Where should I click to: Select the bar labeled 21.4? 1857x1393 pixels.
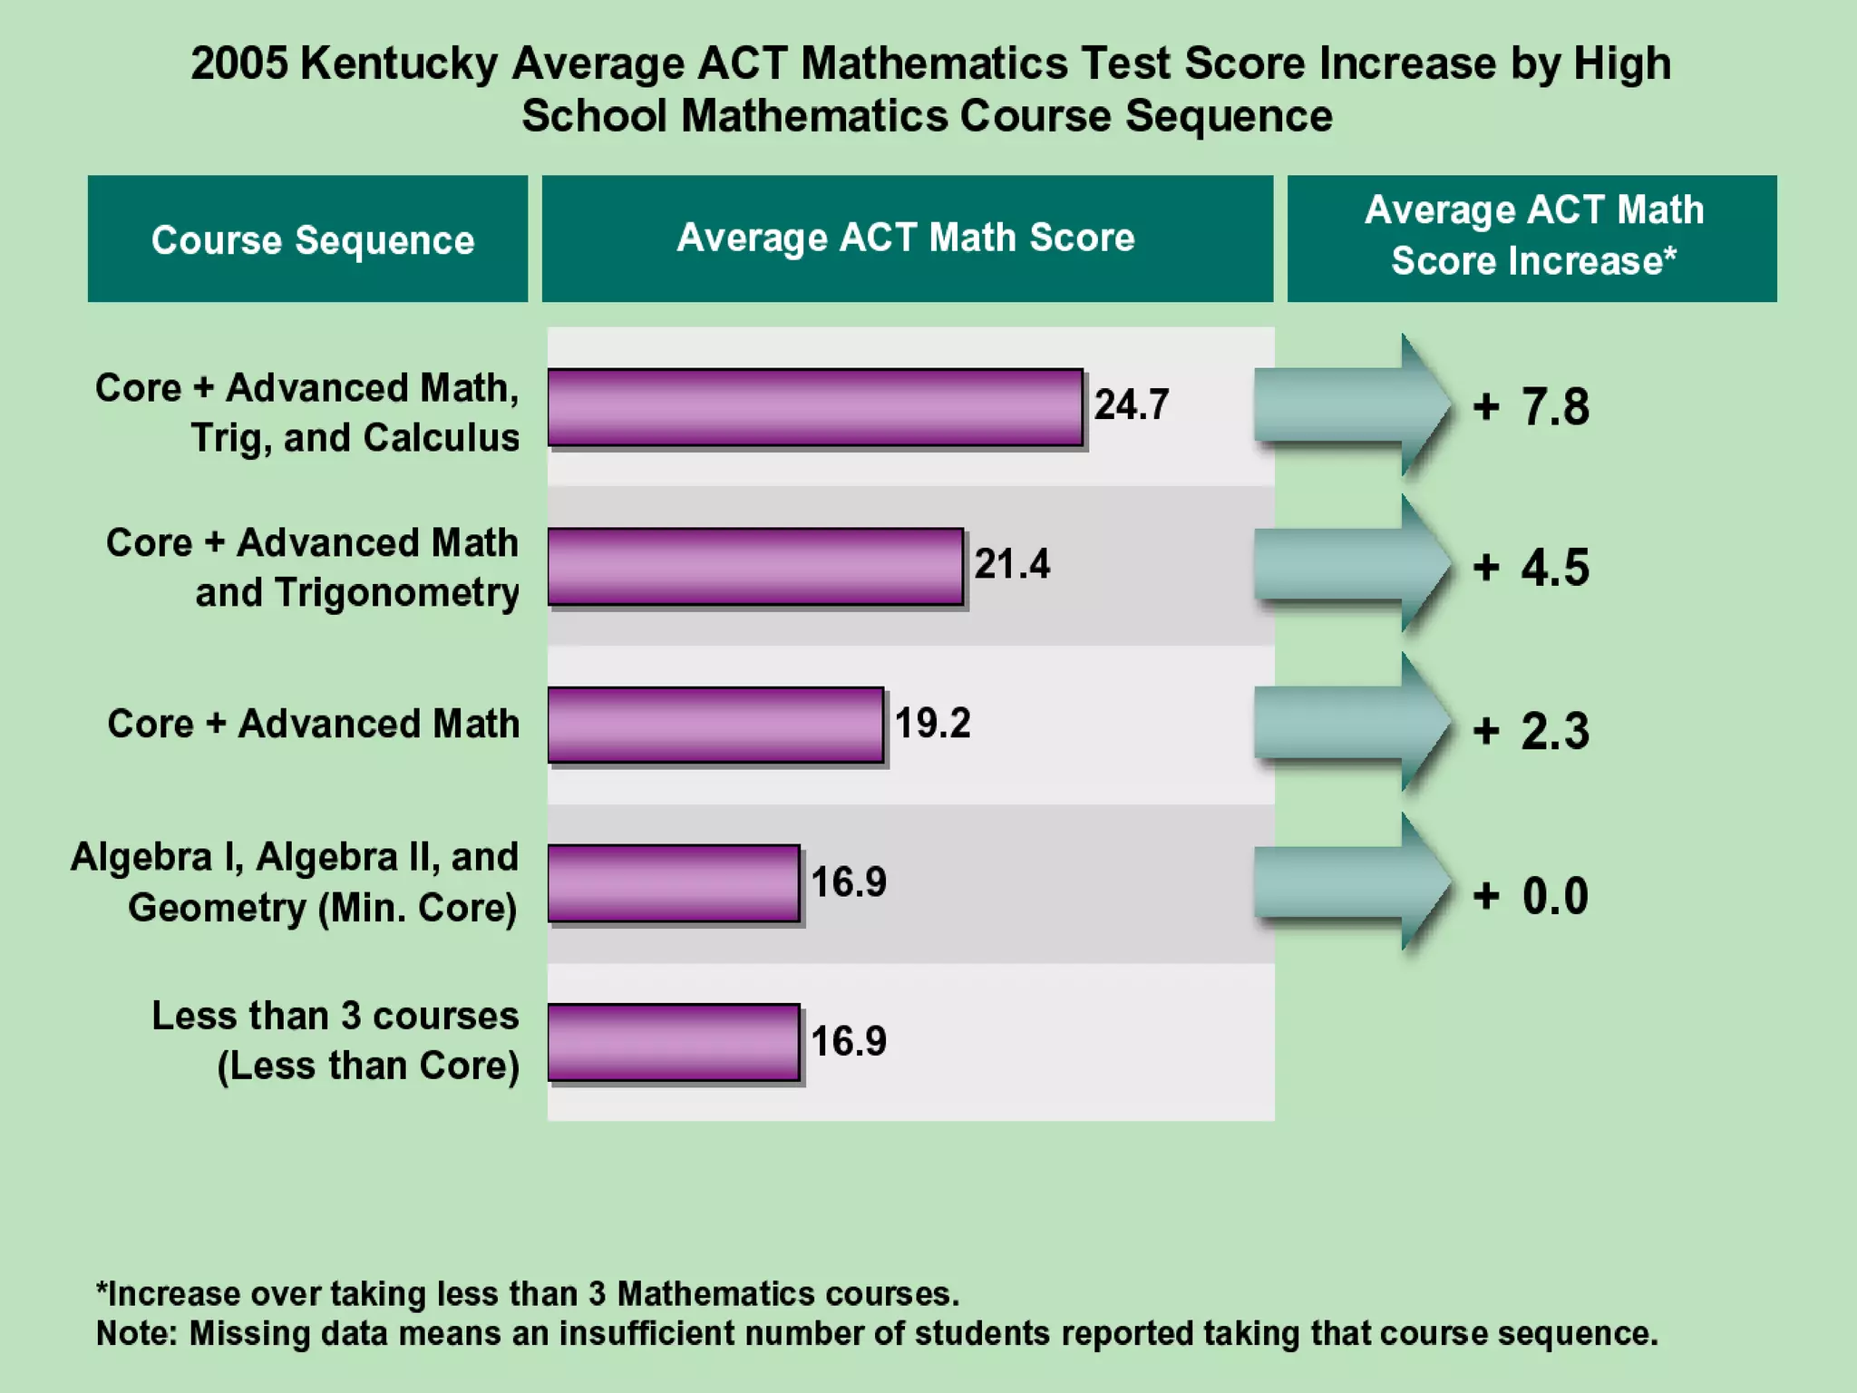tap(754, 567)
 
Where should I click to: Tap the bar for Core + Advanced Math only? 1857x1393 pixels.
tap(715, 725)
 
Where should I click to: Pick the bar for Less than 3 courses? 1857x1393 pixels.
tap(673, 1042)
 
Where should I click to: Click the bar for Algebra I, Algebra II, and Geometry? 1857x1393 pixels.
tap(673, 883)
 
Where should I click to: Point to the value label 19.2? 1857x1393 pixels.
tap(932, 724)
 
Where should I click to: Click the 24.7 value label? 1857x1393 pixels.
tap(1131, 404)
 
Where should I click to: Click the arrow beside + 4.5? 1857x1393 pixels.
tap(1351, 565)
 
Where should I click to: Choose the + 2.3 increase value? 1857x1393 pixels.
tap(1531, 731)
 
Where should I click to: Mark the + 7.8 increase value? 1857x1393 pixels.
tap(1531, 406)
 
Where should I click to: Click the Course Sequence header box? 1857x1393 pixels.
tap(308, 239)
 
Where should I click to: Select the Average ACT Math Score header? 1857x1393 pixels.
tap(907, 239)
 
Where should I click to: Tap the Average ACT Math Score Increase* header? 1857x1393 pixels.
tap(1532, 238)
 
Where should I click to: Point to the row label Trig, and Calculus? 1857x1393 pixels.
tap(355, 438)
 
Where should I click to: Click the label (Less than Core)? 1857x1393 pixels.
tap(368, 1067)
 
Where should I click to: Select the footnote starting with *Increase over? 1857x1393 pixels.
tap(527, 1293)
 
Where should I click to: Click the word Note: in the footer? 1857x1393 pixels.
tap(138, 1334)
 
